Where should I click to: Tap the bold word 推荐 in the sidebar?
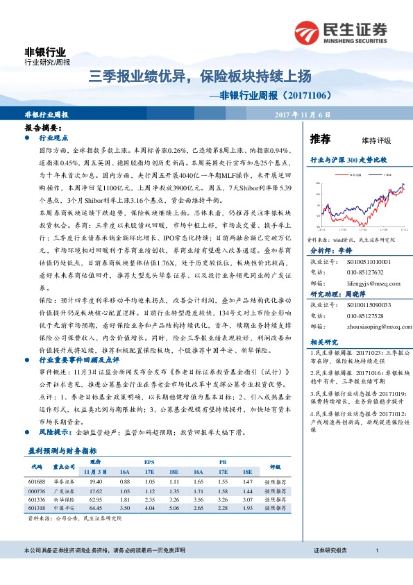point(320,138)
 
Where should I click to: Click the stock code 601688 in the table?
point(37,481)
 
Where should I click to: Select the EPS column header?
point(149,461)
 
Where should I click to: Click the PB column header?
point(222,461)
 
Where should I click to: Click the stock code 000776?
point(37,490)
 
